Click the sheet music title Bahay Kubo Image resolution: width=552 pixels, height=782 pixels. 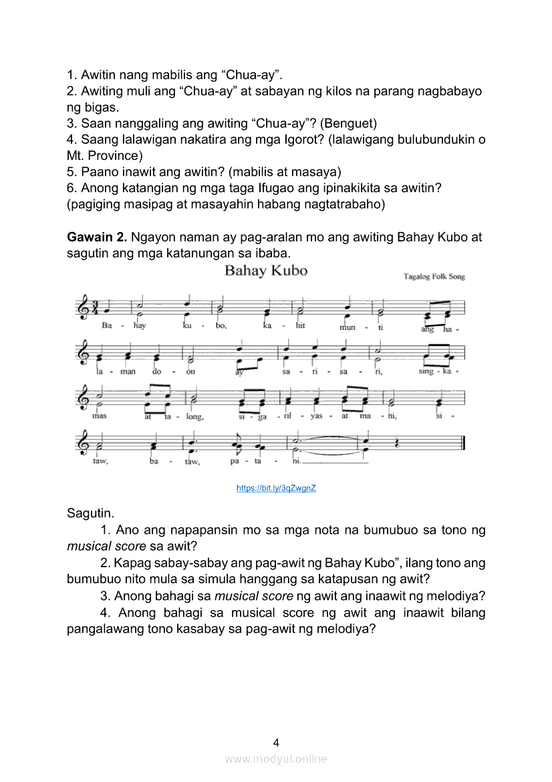(265, 271)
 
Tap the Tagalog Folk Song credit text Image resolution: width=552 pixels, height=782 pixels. (434, 276)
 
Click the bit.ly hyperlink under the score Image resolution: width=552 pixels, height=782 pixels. (276, 488)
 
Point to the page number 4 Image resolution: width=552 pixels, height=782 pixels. (276, 742)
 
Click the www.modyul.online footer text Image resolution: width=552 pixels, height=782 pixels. (276, 759)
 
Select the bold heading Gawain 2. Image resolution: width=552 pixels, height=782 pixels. (98, 237)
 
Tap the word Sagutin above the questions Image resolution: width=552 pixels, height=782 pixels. (90, 514)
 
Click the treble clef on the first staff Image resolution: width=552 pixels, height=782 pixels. (84, 307)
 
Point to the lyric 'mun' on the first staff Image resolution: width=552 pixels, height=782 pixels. (348, 327)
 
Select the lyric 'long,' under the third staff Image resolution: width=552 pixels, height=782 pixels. (194, 417)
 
